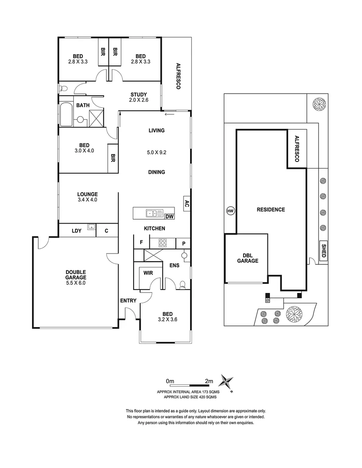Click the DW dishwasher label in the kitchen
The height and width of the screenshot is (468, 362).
point(169,216)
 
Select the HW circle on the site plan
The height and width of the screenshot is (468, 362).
point(230,211)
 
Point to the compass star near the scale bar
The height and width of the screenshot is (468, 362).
point(226,382)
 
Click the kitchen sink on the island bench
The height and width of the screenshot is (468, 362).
point(152,213)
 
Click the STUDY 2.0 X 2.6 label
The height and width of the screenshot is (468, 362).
point(139,97)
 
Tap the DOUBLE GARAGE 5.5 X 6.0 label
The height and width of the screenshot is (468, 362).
point(76,277)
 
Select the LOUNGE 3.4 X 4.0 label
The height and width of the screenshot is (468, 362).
point(87,197)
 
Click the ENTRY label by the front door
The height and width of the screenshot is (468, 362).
point(128,300)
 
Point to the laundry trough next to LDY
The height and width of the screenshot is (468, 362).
point(91,226)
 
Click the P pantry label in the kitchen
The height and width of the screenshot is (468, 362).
point(184,244)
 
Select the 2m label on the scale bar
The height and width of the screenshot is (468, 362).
point(209,381)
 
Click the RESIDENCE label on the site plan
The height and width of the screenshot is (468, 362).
point(270,210)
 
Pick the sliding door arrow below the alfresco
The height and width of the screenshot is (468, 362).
point(169,114)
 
